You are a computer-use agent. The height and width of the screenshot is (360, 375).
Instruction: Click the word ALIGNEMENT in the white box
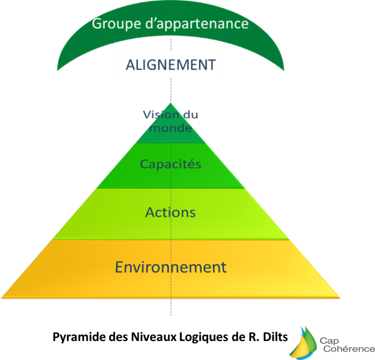coord(170,65)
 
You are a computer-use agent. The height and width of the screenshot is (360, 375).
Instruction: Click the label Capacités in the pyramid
coord(170,164)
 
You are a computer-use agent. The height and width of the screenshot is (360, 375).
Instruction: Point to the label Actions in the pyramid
coord(170,212)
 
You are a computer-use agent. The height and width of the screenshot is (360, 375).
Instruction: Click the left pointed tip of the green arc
coord(57,70)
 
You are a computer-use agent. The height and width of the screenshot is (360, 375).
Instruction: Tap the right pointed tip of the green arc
coord(284,70)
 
